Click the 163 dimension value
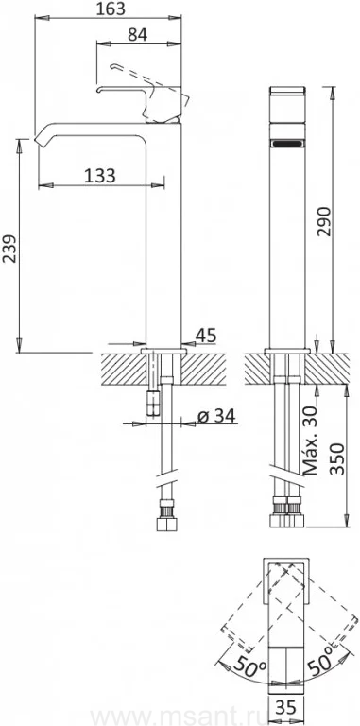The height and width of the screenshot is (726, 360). pos(111,9)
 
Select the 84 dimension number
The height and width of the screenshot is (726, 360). pos(137,35)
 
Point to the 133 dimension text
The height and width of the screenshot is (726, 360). pos(100,176)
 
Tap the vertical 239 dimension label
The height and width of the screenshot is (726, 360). pos(9,249)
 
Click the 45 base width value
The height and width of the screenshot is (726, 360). pos(205,336)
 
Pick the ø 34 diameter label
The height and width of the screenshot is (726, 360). pos(216,416)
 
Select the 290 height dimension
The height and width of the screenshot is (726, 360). pos(324,222)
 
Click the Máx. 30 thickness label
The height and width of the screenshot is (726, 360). pos(311,440)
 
